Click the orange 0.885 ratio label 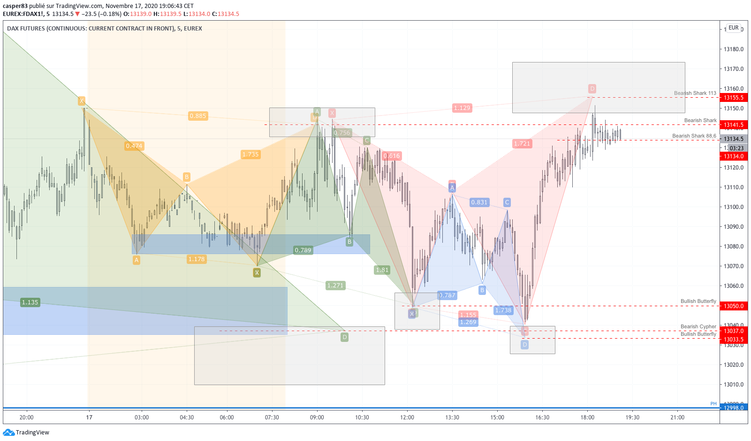(198, 116)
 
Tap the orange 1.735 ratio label (250, 155)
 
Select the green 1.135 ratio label (30, 302)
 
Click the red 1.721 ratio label (522, 144)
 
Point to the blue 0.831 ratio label (479, 202)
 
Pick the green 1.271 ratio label (335, 286)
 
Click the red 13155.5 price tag (733, 98)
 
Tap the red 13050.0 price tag (733, 306)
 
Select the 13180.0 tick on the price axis (733, 49)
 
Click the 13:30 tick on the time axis (452, 418)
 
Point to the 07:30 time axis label (272, 418)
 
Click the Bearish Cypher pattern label (698, 326)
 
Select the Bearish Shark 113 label (695, 93)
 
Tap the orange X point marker (82, 101)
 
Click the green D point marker (344, 337)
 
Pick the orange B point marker (187, 177)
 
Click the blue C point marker (507, 202)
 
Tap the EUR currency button (733, 28)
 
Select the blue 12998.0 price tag (733, 408)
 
